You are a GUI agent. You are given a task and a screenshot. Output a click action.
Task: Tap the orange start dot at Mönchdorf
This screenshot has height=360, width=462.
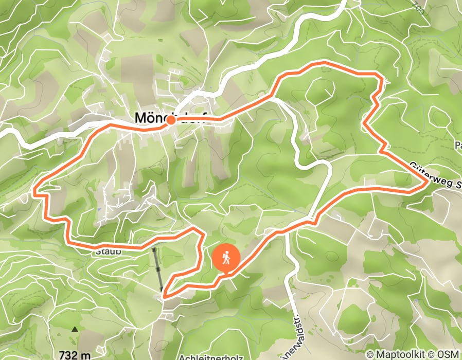tap(170, 120)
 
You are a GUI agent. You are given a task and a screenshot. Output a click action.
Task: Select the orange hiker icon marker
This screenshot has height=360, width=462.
tap(226, 258)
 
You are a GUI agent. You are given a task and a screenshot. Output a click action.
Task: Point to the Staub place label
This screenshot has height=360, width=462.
tap(107, 252)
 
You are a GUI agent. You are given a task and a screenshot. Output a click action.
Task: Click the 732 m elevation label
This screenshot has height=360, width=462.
tap(75, 355)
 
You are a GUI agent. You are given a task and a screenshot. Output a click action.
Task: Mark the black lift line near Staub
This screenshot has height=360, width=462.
tap(158, 270)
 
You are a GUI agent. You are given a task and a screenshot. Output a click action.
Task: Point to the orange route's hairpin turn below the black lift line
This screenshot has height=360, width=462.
tap(164, 295)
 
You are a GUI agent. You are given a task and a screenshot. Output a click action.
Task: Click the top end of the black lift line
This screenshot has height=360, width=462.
tap(154, 249)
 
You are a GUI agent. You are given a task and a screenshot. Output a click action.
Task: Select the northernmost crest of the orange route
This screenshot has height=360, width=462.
tap(324, 63)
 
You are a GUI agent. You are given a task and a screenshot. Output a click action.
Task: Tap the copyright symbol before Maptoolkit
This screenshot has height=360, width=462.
tap(370, 354)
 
